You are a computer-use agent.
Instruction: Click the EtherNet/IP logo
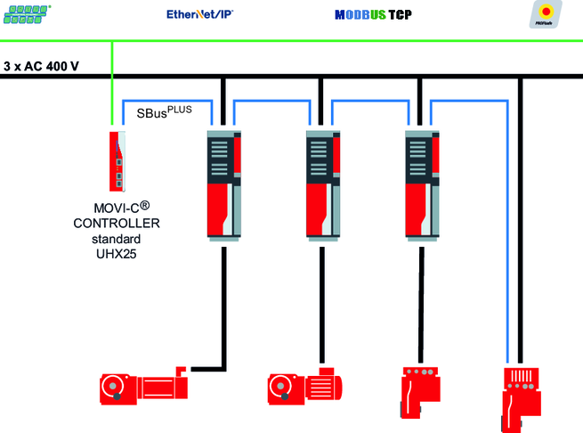(x=200, y=14)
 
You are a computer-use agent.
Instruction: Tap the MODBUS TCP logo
(x=373, y=15)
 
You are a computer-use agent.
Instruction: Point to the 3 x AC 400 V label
(x=42, y=66)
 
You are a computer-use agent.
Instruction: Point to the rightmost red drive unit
(x=520, y=393)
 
